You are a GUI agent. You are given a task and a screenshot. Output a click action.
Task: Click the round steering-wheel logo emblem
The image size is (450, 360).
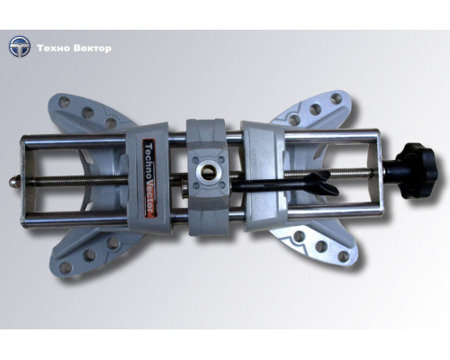[x=20, y=47]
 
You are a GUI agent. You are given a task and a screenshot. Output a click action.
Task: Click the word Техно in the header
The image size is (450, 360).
[x=53, y=49]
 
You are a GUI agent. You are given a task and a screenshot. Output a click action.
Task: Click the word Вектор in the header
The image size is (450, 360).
[x=93, y=49]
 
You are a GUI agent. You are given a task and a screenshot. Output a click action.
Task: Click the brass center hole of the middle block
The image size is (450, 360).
[x=208, y=172]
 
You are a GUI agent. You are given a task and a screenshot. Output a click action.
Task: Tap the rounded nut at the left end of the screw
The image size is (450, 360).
[x=13, y=181]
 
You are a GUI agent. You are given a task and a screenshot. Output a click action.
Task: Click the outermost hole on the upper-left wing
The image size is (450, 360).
[x=64, y=103]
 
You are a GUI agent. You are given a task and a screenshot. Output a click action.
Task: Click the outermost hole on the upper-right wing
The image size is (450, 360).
[x=337, y=99]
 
